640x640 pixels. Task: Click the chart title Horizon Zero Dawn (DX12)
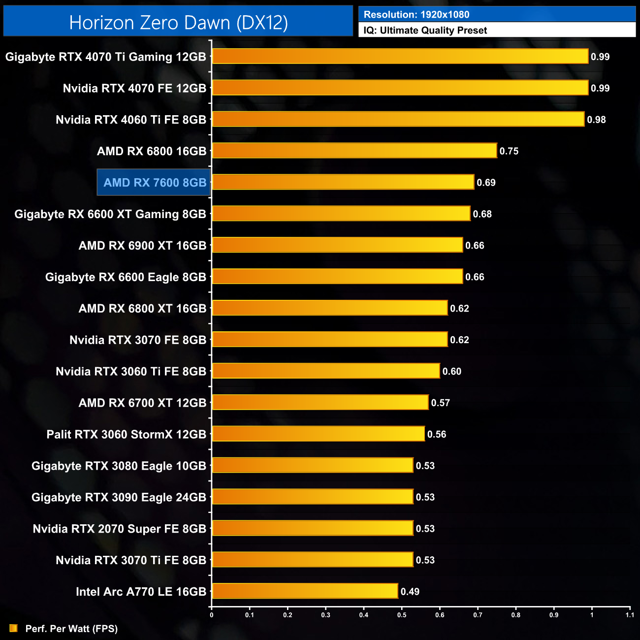coord(178,23)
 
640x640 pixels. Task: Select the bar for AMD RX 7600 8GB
coord(343,182)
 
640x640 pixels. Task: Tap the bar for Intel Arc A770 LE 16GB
coord(305,591)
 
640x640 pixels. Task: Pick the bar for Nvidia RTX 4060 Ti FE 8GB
coord(398,119)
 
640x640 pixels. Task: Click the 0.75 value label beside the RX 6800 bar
coord(509,151)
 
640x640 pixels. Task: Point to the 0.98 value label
coord(596,120)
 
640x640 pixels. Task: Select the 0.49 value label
coord(410,592)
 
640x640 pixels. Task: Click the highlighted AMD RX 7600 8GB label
coord(155,183)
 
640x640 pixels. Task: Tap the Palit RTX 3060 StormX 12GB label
coord(126,434)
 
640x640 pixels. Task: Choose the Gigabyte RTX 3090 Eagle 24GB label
coord(119,497)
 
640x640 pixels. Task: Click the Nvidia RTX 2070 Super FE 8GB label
coord(119,529)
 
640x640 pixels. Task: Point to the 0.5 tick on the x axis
coord(402,615)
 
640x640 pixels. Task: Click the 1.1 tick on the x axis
coord(630,615)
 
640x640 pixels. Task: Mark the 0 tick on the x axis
coord(212,615)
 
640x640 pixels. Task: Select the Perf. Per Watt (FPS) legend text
coord(71,629)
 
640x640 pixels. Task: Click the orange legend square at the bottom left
coord(13,628)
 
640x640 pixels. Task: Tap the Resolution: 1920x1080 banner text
coord(416,15)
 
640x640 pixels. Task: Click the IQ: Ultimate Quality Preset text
coord(425,31)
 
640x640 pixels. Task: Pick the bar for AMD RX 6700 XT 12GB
coord(320,402)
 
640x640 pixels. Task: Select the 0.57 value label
coord(440,403)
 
